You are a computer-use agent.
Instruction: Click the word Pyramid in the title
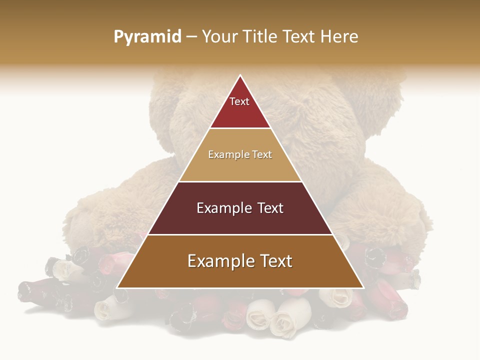click(147, 37)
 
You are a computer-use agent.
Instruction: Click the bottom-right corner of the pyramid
click(362, 287)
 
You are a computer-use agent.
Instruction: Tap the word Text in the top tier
click(239, 101)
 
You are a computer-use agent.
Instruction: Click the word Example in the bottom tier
click(220, 261)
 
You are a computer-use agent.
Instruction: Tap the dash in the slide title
click(191, 37)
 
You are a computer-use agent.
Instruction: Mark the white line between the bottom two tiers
click(240, 234)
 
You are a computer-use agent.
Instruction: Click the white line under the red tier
click(240, 128)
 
